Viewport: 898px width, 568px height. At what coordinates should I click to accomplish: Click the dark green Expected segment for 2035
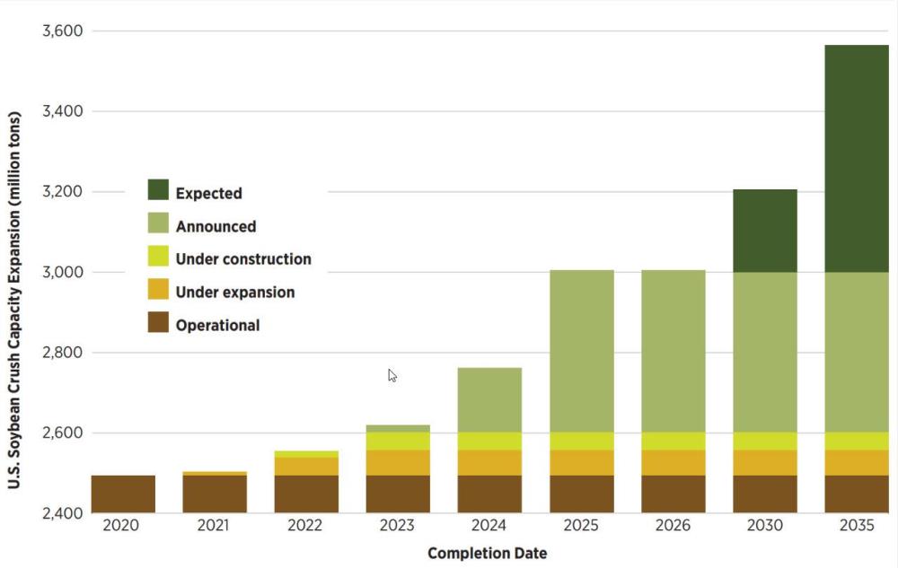pos(856,158)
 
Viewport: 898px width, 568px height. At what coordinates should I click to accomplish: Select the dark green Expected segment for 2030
pos(764,231)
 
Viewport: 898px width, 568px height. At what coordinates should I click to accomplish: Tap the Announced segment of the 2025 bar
pos(581,351)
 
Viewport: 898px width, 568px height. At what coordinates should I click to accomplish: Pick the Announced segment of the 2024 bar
pos(489,399)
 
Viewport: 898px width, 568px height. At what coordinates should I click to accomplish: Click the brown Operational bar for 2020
pos(123,494)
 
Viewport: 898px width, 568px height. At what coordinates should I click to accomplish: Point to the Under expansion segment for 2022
pos(305,466)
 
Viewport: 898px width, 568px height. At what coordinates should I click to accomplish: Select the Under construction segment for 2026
pos(673,441)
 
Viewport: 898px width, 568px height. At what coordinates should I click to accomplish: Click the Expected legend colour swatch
pos(158,190)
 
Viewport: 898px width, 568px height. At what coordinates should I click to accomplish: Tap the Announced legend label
pos(216,226)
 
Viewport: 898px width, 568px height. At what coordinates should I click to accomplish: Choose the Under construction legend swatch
pos(158,258)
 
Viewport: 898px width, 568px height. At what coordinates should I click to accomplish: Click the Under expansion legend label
pos(234,292)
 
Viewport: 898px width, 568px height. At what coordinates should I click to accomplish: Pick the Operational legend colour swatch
pos(158,322)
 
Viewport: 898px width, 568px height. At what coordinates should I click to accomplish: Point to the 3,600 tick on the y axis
pos(61,31)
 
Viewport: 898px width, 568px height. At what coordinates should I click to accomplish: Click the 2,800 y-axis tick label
pos(61,353)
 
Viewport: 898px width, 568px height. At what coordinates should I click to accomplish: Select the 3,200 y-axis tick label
pos(61,192)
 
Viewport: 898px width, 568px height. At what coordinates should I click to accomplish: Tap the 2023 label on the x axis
pos(397,526)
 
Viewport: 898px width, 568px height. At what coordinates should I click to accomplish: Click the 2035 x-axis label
pos(856,526)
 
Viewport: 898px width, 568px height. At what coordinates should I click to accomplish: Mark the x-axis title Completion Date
pos(487,553)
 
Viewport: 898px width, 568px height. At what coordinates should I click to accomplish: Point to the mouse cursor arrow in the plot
pos(392,375)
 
